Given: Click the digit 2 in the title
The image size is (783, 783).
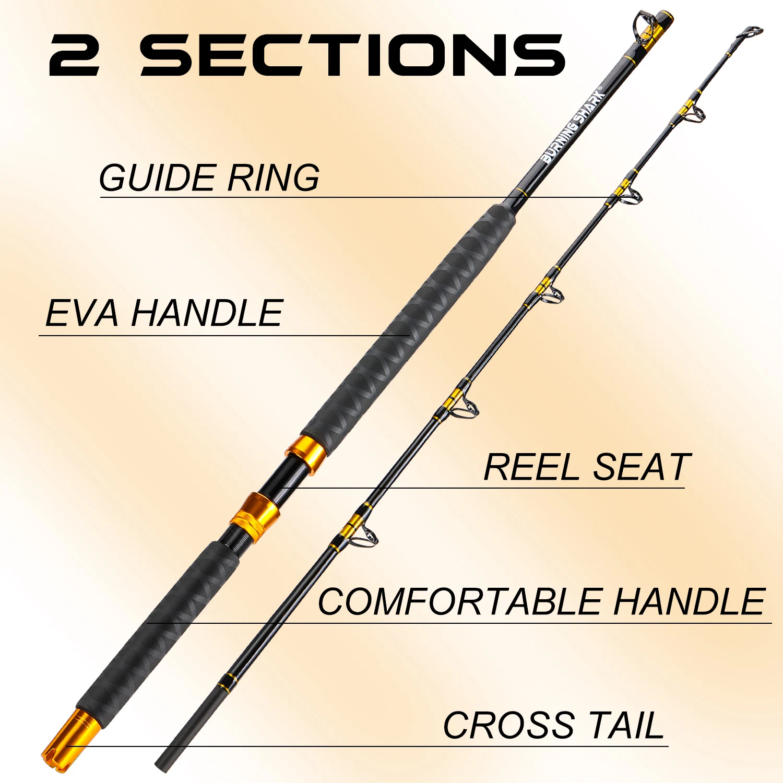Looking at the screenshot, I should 74,55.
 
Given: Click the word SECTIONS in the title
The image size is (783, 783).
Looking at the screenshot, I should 352,55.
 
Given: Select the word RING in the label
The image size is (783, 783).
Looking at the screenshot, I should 273,178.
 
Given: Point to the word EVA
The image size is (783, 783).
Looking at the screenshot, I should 82,313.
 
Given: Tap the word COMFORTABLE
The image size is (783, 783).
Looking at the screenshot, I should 460,602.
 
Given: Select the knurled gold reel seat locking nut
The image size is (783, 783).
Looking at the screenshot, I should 255,516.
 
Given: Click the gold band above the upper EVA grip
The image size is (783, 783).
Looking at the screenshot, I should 521,192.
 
